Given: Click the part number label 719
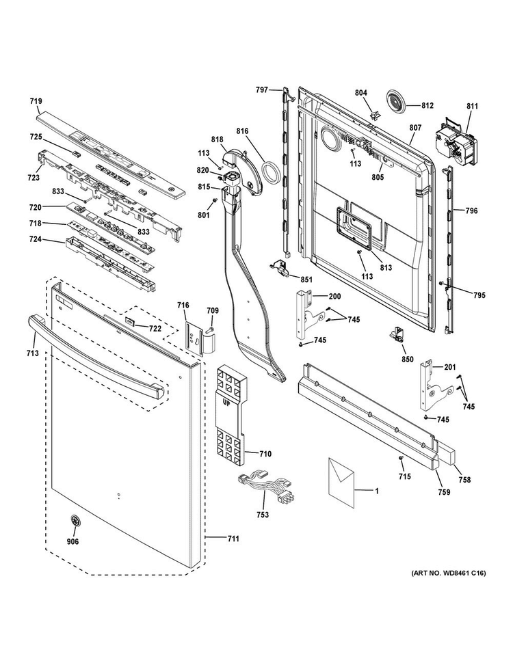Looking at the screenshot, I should [36, 101].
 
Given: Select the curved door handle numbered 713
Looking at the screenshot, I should [96, 354].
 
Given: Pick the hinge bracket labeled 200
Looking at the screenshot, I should [306, 312].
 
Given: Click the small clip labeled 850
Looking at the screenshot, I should [396, 335].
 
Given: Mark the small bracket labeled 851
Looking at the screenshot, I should [279, 269].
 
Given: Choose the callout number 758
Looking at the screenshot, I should [465, 481].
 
